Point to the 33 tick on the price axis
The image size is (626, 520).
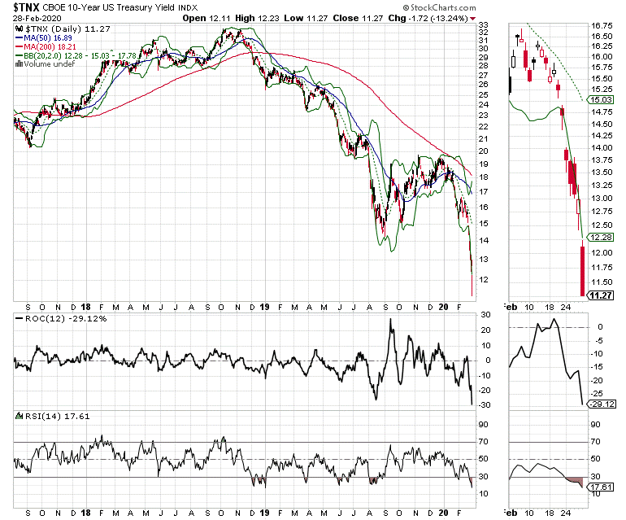point(483,26)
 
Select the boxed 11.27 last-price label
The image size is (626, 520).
point(601,297)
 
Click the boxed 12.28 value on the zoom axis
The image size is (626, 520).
point(601,237)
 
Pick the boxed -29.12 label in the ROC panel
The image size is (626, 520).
point(601,404)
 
